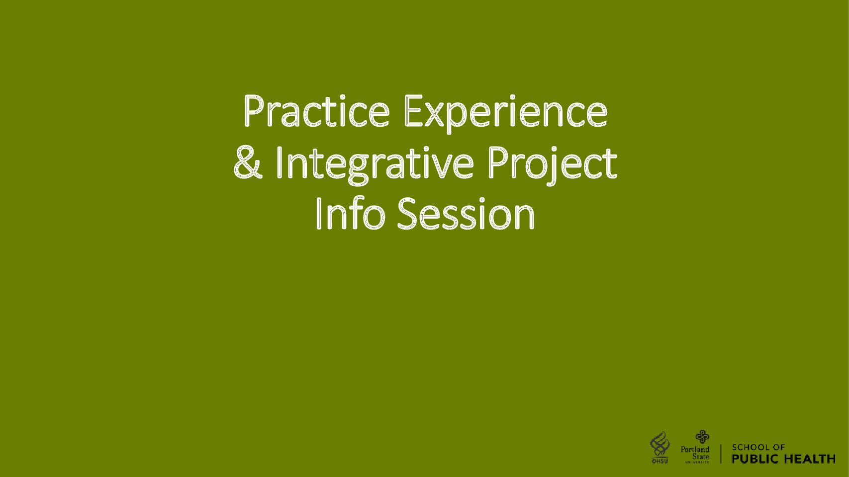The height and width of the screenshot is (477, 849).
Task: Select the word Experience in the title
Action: click(x=506, y=114)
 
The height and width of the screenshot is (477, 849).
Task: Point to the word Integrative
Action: click(x=375, y=165)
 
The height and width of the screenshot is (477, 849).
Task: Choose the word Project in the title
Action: click(x=553, y=165)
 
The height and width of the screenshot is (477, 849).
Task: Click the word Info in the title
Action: click(x=350, y=213)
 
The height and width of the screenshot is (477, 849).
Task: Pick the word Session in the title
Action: click(x=466, y=213)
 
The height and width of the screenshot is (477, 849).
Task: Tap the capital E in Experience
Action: click(x=413, y=110)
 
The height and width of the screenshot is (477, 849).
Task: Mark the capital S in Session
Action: click(x=407, y=213)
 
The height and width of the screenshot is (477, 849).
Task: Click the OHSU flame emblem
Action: click(x=660, y=444)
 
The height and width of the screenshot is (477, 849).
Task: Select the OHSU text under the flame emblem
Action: click(x=660, y=461)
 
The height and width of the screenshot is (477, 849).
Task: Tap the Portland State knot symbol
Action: click(x=702, y=437)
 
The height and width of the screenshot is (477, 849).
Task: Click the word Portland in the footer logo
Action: click(x=695, y=449)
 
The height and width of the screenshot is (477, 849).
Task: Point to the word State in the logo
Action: click(x=701, y=457)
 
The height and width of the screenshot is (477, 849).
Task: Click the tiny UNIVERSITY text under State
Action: click(x=697, y=462)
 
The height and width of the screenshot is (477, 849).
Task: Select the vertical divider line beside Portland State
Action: click(x=721, y=454)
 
